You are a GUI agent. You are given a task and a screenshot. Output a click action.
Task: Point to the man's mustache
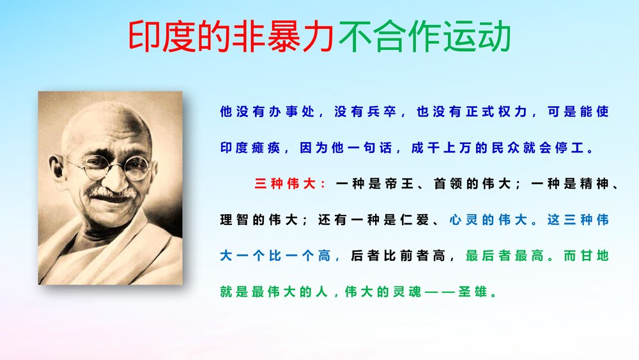click(113, 193)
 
